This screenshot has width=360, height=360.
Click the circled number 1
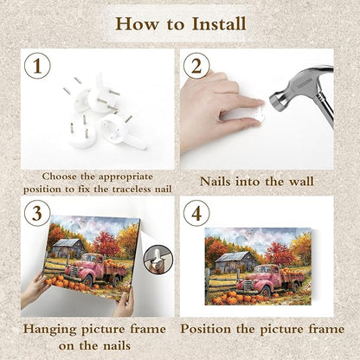37,66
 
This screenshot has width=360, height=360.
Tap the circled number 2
196,66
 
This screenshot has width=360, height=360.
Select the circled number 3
37,214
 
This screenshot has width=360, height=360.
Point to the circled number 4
196,214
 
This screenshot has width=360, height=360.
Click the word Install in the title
219,23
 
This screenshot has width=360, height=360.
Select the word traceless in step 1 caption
132,190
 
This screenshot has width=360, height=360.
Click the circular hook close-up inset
158,260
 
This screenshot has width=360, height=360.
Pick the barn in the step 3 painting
68,248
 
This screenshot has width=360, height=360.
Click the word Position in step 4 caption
206,330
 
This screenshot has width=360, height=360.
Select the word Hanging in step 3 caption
50,330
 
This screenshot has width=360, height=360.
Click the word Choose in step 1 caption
60,177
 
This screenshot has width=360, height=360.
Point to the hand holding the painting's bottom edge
124,303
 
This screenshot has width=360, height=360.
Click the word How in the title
137,23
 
